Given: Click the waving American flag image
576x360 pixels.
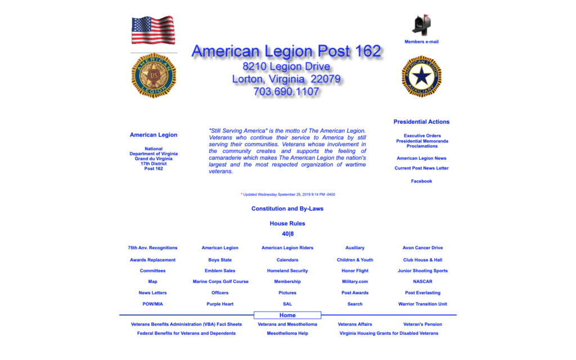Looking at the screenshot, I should tap(153, 30).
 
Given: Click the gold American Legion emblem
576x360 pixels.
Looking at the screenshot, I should tap(154, 75).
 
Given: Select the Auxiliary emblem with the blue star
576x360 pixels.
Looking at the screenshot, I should tap(421, 76).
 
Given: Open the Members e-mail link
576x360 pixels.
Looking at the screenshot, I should tap(421, 42).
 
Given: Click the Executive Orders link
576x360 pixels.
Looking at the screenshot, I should tap(422, 136).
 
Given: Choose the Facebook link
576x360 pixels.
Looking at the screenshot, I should tap(421, 181).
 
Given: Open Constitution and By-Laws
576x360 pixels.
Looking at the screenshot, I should tap(287, 209).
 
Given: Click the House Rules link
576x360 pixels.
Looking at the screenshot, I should tap(287, 223).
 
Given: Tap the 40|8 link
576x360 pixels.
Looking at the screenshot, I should tap(287, 234).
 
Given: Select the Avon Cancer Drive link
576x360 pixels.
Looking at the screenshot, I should tap(422, 247).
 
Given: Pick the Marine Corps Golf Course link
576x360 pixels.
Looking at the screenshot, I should tap(220, 281).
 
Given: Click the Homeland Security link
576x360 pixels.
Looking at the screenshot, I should tap(287, 271).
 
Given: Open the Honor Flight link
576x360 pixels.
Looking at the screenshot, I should tap(355, 271).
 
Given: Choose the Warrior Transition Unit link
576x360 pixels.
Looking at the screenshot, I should tap(422, 304).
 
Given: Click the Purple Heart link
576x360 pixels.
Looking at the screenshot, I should tap(220, 304).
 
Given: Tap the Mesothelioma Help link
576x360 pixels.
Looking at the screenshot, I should tap(287, 333).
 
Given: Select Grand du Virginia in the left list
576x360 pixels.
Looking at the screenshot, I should tap(154, 159).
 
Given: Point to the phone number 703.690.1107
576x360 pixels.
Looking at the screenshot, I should tap(286, 92).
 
